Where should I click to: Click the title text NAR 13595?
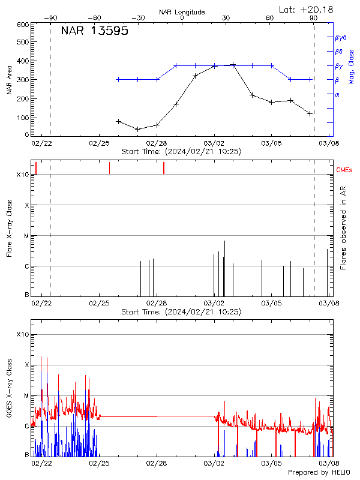[94, 32]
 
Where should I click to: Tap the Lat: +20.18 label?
[307, 9]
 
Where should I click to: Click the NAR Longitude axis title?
[182, 12]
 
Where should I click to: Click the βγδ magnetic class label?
[341, 37]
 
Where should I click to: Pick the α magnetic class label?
[337, 94]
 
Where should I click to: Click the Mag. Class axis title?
[352, 67]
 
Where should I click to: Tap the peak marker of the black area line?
[233, 64]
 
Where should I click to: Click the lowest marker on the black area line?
[137, 129]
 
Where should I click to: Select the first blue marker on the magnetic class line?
[118, 79]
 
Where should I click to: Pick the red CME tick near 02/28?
[164, 168]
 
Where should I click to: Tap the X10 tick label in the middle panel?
[23, 175]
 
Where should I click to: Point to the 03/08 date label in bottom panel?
[329, 463]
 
